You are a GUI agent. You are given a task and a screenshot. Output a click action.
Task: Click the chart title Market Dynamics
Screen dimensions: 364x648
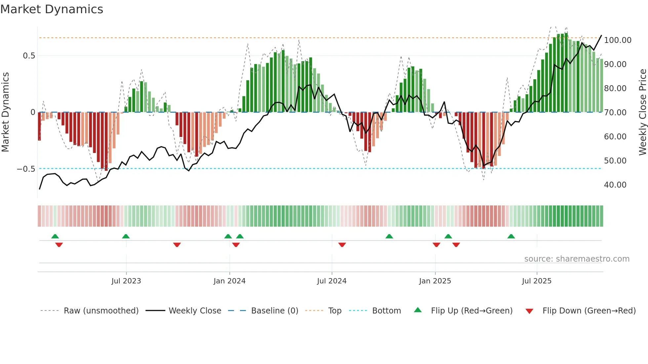[x=52, y=9]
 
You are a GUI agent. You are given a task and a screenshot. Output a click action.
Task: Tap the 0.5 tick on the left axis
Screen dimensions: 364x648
[x=29, y=56]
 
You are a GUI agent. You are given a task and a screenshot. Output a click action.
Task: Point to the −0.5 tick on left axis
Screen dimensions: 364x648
[x=26, y=169]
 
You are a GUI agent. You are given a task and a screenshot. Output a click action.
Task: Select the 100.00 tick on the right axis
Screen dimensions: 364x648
[x=618, y=40]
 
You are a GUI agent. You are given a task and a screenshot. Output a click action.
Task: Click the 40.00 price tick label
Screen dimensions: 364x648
[x=615, y=185]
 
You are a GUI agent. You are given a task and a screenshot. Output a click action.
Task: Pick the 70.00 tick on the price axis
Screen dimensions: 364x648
[x=615, y=113]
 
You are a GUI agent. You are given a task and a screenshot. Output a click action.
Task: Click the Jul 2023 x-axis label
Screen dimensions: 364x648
[x=126, y=281]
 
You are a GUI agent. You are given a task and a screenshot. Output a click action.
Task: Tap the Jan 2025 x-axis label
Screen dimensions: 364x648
[x=435, y=281]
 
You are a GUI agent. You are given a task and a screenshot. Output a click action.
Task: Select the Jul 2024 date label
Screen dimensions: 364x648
[x=332, y=281]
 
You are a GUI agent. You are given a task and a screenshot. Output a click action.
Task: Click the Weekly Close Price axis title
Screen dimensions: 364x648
[x=642, y=112]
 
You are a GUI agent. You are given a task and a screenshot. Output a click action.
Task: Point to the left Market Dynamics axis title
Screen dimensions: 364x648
[x=6, y=112]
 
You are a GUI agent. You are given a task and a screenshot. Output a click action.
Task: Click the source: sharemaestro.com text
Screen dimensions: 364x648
[x=577, y=259]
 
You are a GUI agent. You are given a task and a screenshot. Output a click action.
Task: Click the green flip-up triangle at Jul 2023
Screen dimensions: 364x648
[x=126, y=237]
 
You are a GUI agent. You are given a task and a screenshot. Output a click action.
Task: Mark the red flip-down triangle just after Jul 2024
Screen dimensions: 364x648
[x=342, y=245]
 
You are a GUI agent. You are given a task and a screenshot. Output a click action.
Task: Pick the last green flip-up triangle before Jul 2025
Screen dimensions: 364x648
[x=511, y=237]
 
